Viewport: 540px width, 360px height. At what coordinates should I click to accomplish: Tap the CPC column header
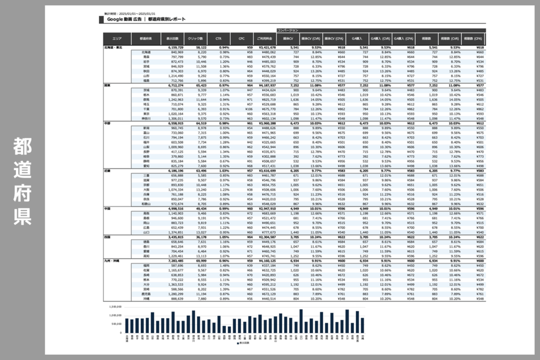[242, 39]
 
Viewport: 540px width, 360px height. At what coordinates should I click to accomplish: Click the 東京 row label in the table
[146, 113]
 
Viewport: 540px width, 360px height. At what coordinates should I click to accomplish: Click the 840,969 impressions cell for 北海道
[177, 52]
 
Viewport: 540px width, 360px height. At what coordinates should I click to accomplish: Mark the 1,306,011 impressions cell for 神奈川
[176, 118]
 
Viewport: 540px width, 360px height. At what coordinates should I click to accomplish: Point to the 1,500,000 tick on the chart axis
[115, 306]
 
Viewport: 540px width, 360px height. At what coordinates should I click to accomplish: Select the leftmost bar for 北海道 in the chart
[127, 326]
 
